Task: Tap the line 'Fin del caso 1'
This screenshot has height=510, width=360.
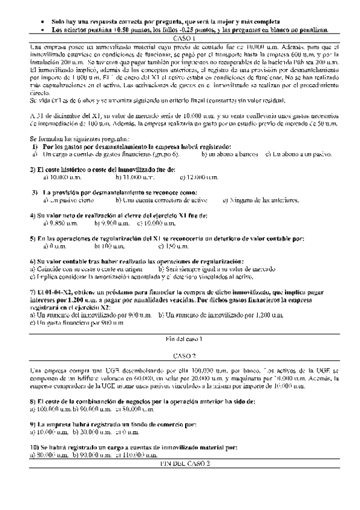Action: (x=180, y=339)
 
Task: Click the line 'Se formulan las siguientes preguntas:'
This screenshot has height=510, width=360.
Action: (x=78, y=138)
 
